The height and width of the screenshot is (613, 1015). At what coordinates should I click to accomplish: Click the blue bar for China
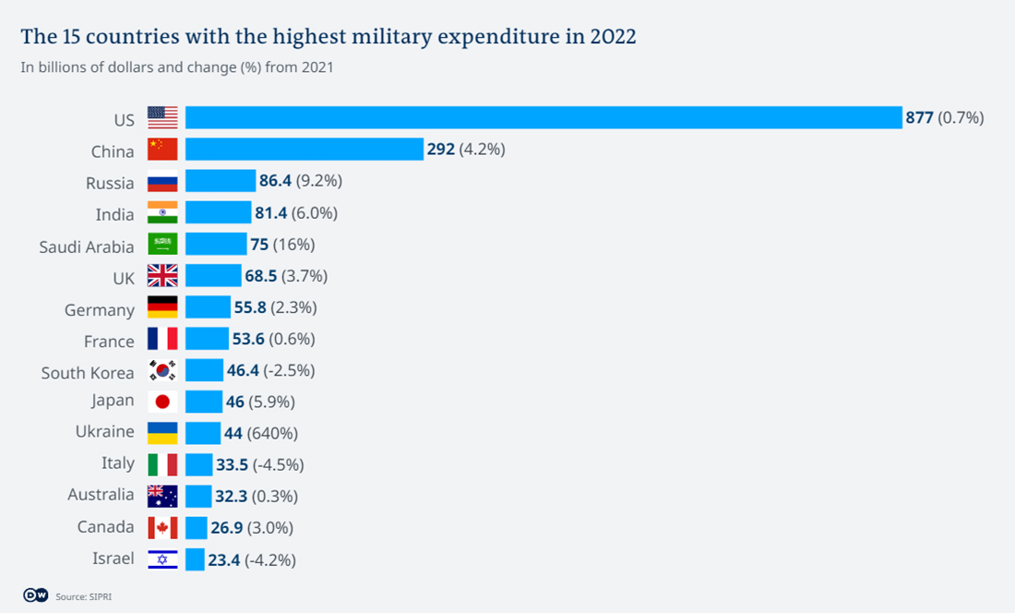coord(304,149)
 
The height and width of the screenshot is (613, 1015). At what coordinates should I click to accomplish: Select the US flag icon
coord(162,117)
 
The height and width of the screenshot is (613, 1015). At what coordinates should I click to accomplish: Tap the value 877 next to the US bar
coord(919,117)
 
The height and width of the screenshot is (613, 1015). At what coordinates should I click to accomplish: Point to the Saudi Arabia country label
coord(87,246)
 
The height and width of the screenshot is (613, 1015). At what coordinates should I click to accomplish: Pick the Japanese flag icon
coord(162,402)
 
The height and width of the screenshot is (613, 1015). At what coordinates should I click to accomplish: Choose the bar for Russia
coord(220,181)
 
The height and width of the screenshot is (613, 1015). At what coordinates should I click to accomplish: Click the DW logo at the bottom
coord(35,595)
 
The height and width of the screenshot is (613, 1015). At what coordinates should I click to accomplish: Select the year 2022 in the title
coord(610,37)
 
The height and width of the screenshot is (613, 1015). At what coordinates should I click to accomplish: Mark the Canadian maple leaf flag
coord(162,527)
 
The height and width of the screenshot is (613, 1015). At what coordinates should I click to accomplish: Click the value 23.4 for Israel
coord(224,559)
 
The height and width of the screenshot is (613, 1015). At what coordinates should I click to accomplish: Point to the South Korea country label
coord(88,373)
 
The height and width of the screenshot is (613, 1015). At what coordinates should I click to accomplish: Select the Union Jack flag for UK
coord(162,275)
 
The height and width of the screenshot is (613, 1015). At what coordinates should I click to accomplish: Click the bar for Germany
coord(208,307)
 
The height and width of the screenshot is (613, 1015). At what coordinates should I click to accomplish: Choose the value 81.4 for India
coord(271,213)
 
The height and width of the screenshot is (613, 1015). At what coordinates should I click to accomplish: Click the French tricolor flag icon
coord(162,339)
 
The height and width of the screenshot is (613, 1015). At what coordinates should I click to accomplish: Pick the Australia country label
coord(101,495)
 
